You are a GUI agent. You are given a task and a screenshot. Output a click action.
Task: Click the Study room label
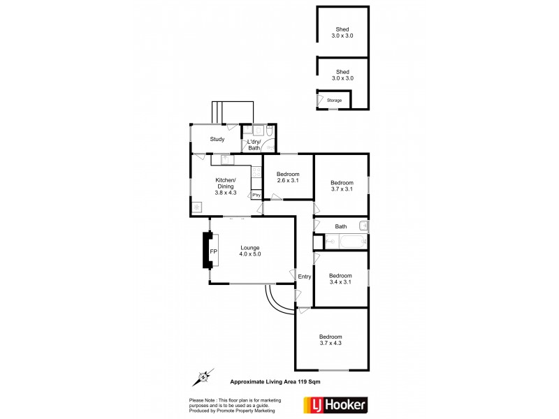click(217, 139)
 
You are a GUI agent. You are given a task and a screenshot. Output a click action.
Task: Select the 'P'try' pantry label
click(256, 195)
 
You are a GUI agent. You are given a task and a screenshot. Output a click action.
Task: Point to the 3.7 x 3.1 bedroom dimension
click(342, 190)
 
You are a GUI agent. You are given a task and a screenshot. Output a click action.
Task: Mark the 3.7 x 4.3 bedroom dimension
click(331, 343)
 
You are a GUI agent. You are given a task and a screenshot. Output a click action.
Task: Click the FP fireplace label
click(213, 251)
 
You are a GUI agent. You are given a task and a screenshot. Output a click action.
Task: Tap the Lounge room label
click(250, 247)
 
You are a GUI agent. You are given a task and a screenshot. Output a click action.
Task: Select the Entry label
click(304, 277)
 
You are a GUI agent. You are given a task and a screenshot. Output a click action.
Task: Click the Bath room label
click(341, 226)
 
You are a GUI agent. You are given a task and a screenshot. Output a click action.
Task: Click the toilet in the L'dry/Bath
click(270, 130)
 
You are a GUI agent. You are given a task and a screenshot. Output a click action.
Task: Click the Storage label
click(335, 101)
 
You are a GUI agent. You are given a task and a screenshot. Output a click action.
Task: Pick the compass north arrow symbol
click(203, 377)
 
